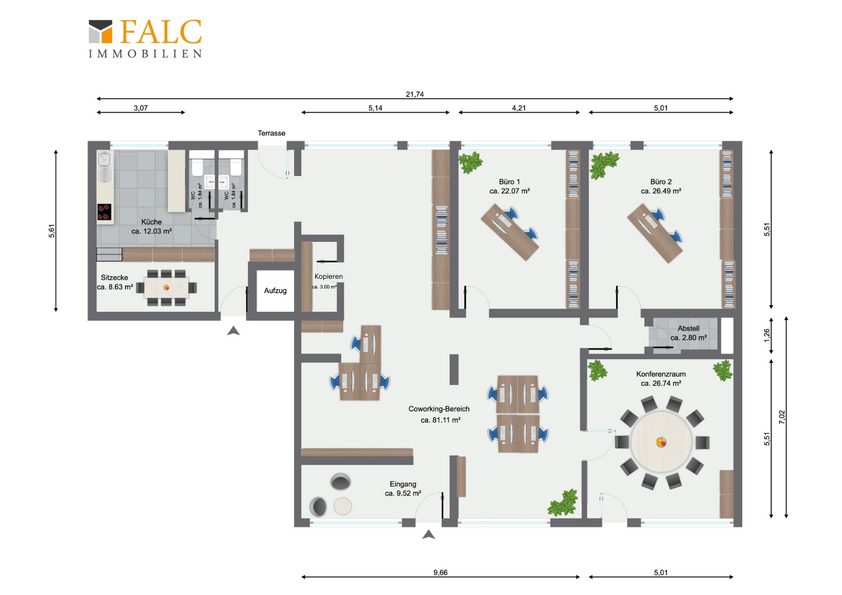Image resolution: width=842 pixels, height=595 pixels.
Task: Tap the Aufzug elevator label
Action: pyautogui.click(x=275, y=290)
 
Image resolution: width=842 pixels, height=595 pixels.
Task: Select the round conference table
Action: pyautogui.click(x=661, y=442)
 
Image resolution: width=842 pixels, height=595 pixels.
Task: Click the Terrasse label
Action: pyautogui.click(x=271, y=133)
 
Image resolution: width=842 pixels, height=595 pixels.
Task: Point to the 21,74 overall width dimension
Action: pyautogui.click(x=414, y=94)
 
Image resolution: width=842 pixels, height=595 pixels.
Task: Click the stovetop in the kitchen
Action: pyautogui.click(x=104, y=212)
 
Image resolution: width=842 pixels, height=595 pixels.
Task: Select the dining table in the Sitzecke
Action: pyautogui.click(x=166, y=288)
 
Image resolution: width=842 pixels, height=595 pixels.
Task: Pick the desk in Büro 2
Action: pyautogui.click(x=655, y=233)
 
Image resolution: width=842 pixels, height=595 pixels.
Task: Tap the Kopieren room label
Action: pyautogui.click(x=328, y=276)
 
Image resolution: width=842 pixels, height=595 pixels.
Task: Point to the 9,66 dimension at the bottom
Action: pyautogui.click(x=440, y=572)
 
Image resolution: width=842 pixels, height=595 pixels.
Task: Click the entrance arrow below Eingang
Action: pyautogui.click(x=428, y=534)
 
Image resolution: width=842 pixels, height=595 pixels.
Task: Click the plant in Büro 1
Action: pyautogui.click(x=471, y=162)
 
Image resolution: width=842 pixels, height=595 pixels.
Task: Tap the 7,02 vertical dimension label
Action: pyautogui.click(x=782, y=417)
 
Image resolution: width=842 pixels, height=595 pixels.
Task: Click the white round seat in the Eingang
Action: pyautogui.click(x=343, y=506)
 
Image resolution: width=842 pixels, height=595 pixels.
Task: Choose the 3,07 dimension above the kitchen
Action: pyautogui.click(x=140, y=108)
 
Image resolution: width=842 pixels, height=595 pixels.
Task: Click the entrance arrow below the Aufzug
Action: pyautogui.click(x=233, y=331)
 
